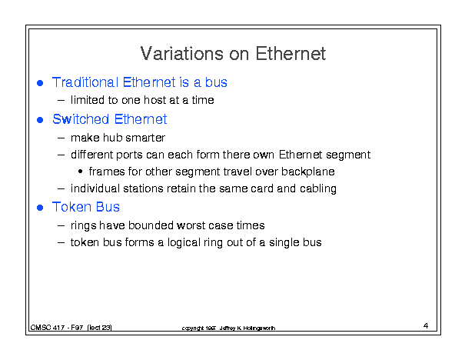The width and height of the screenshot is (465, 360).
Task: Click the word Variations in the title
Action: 181,53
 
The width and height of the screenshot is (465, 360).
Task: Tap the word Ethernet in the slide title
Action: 291,53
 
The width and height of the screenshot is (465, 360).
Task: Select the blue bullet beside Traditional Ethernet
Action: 40,83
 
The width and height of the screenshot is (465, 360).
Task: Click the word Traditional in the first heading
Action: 85,82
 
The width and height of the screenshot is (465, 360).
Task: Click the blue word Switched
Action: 81,119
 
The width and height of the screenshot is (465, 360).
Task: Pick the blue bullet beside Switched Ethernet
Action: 40,120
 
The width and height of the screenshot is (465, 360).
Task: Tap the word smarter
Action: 145,138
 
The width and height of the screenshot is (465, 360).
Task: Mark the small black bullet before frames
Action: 80,172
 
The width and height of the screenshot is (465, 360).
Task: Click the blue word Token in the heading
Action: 72,207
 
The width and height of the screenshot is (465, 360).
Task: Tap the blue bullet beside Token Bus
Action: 40,208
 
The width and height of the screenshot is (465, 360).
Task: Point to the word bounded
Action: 151,225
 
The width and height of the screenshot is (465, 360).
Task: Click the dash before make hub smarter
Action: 61,138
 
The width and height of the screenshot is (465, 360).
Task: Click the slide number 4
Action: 426,326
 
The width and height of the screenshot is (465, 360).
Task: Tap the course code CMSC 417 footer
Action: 71,328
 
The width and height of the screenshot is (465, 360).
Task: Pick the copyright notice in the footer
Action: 228,328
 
